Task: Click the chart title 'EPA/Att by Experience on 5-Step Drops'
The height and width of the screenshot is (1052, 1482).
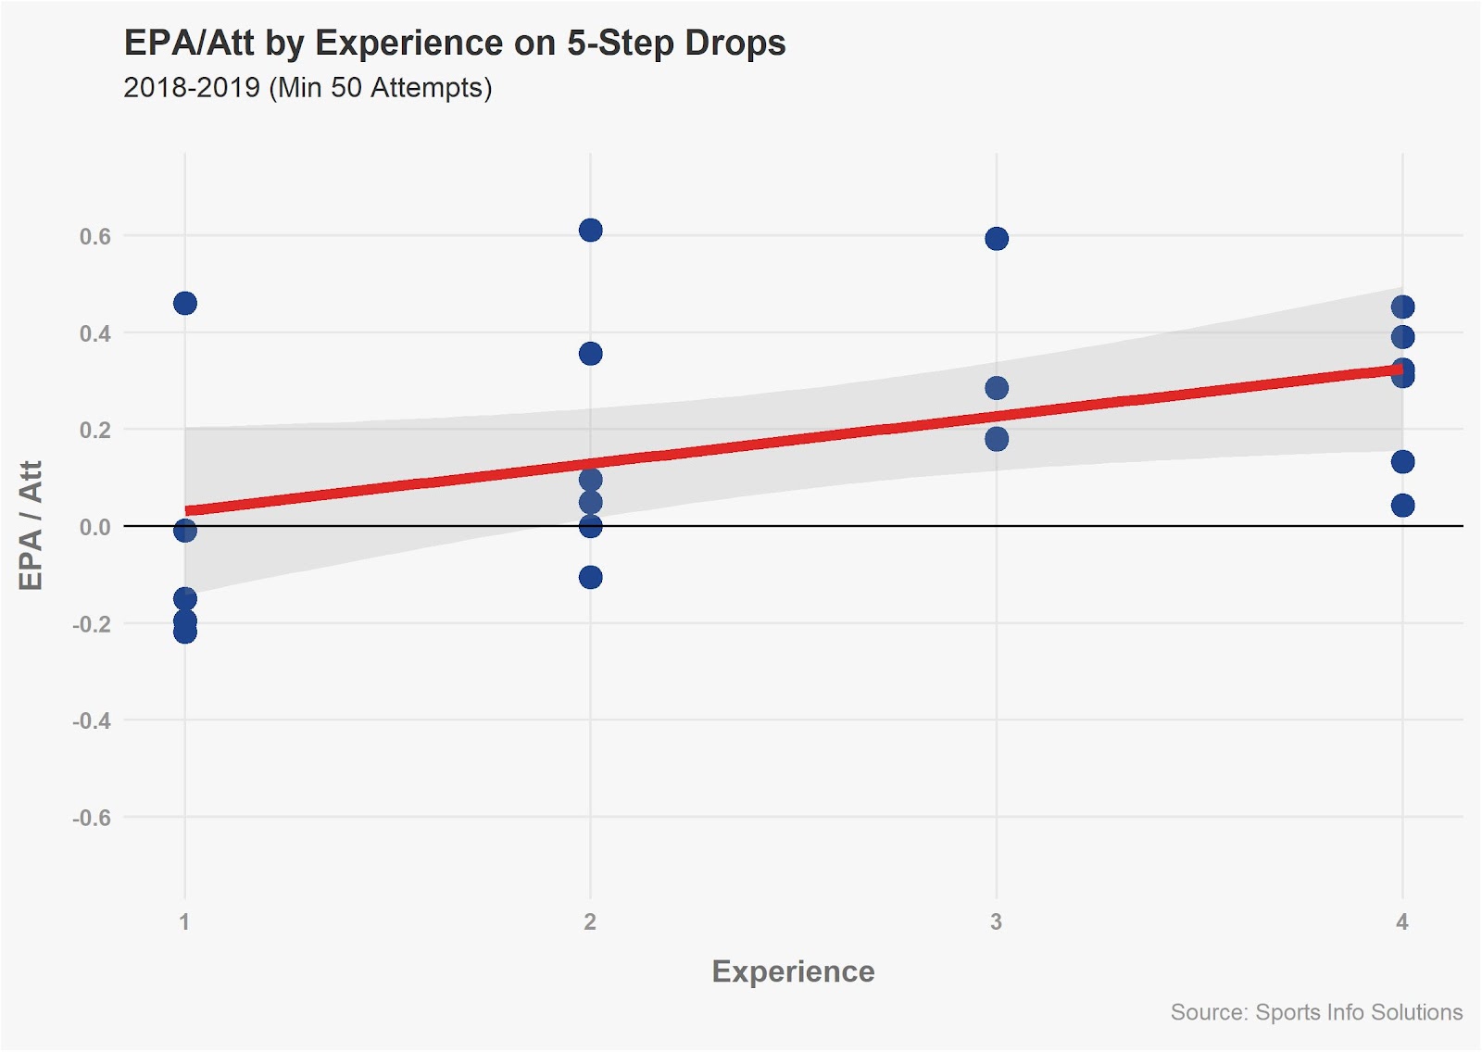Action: pyautogui.click(x=454, y=44)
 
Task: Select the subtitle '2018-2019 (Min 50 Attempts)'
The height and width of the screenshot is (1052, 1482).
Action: pyautogui.click(x=308, y=88)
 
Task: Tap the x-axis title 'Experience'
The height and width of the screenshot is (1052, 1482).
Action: pyautogui.click(x=793, y=971)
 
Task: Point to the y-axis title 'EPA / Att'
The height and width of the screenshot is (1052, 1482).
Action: pyautogui.click(x=31, y=525)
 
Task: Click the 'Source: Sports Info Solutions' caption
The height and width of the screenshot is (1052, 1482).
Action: pyautogui.click(x=1316, y=1012)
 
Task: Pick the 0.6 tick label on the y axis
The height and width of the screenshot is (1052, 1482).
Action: pyautogui.click(x=94, y=236)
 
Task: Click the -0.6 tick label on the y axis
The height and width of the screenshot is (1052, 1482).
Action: pyautogui.click(x=91, y=818)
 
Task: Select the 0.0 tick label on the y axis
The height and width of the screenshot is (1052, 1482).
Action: pyautogui.click(x=94, y=527)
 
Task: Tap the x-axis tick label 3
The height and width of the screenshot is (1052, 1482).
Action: pyautogui.click(x=996, y=921)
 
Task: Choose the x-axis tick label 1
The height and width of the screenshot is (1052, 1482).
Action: pyautogui.click(x=184, y=921)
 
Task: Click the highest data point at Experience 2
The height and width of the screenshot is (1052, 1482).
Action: pyautogui.click(x=590, y=230)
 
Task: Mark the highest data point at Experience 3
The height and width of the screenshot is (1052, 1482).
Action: pyautogui.click(x=997, y=239)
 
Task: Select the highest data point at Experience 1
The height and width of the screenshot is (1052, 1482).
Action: pyautogui.click(x=185, y=303)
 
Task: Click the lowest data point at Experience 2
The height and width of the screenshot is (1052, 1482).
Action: pyautogui.click(x=590, y=577)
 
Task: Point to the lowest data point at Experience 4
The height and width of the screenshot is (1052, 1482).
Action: pyautogui.click(x=1402, y=505)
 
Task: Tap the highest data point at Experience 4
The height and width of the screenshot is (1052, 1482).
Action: pyautogui.click(x=1402, y=307)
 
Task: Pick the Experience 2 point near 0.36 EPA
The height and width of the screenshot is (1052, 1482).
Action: pyautogui.click(x=590, y=353)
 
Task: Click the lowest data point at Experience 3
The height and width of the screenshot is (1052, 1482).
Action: pyautogui.click(x=997, y=439)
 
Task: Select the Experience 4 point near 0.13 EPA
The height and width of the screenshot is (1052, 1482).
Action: pyautogui.click(x=1402, y=461)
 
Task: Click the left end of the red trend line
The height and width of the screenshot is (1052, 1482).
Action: pyautogui.click(x=188, y=510)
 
